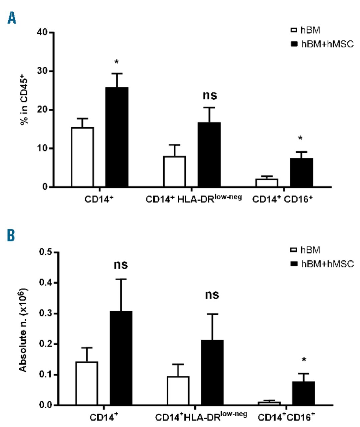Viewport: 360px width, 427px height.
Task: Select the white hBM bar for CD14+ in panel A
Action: pos(82,157)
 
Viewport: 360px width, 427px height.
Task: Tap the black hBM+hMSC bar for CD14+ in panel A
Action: pos(117,137)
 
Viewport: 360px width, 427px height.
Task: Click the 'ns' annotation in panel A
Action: pos(210,95)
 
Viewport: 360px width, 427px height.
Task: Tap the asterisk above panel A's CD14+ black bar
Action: pos(117,62)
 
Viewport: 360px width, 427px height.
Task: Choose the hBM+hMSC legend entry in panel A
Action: pos(322,44)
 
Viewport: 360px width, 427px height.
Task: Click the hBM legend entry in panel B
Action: pos(305,250)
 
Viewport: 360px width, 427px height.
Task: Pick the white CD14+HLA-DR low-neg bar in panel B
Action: pos(178,391)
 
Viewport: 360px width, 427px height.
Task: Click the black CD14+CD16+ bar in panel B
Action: pos(304,393)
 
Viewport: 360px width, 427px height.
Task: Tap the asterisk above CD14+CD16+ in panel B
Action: pos(304,360)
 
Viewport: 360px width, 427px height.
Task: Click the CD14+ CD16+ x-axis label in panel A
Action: pos(283,200)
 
